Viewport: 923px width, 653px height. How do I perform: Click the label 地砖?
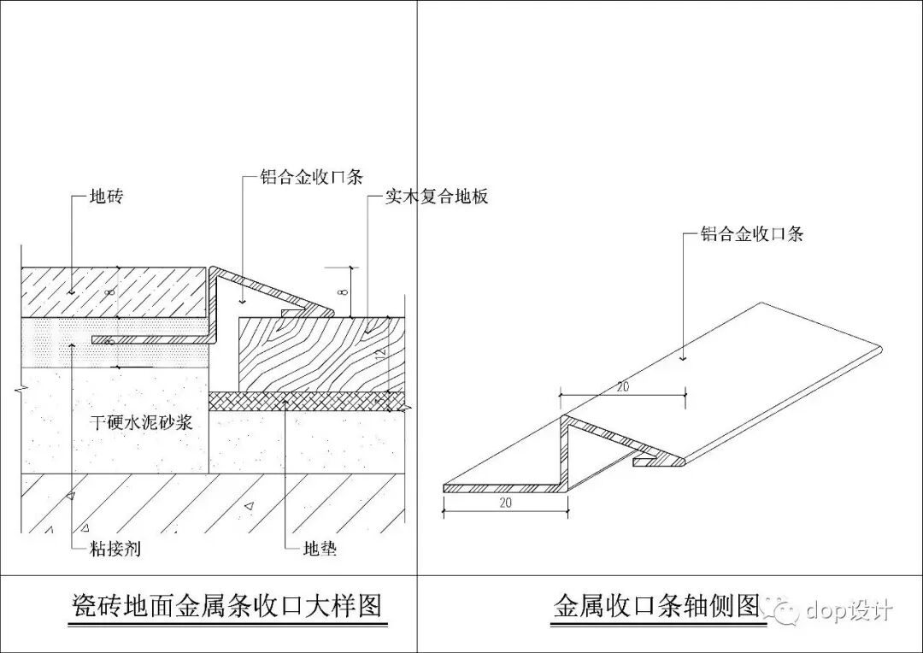click(107, 197)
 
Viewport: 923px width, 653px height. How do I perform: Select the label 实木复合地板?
click(436, 197)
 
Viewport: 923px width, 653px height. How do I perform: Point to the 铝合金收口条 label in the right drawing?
click(752, 233)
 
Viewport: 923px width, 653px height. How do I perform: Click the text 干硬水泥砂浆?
click(147, 421)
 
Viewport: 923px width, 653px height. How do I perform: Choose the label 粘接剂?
click(115, 548)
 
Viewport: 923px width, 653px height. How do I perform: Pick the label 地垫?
click(320, 548)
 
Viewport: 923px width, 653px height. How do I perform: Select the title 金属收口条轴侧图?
click(656, 606)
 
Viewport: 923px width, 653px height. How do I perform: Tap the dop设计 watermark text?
click(849, 610)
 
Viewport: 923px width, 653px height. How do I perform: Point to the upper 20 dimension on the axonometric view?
click(623, 386)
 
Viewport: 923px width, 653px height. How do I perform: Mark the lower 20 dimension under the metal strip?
click(505, 503)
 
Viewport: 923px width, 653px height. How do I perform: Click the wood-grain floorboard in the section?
click(316, 355)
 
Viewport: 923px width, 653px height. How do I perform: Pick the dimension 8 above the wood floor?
click(343, 291)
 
